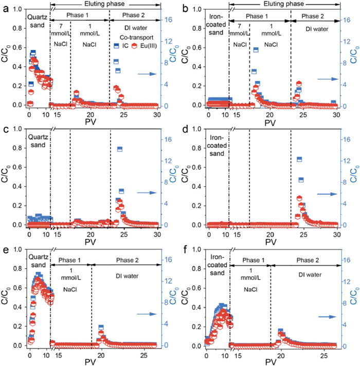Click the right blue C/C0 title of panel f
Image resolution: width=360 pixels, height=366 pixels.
tap(353, 297)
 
